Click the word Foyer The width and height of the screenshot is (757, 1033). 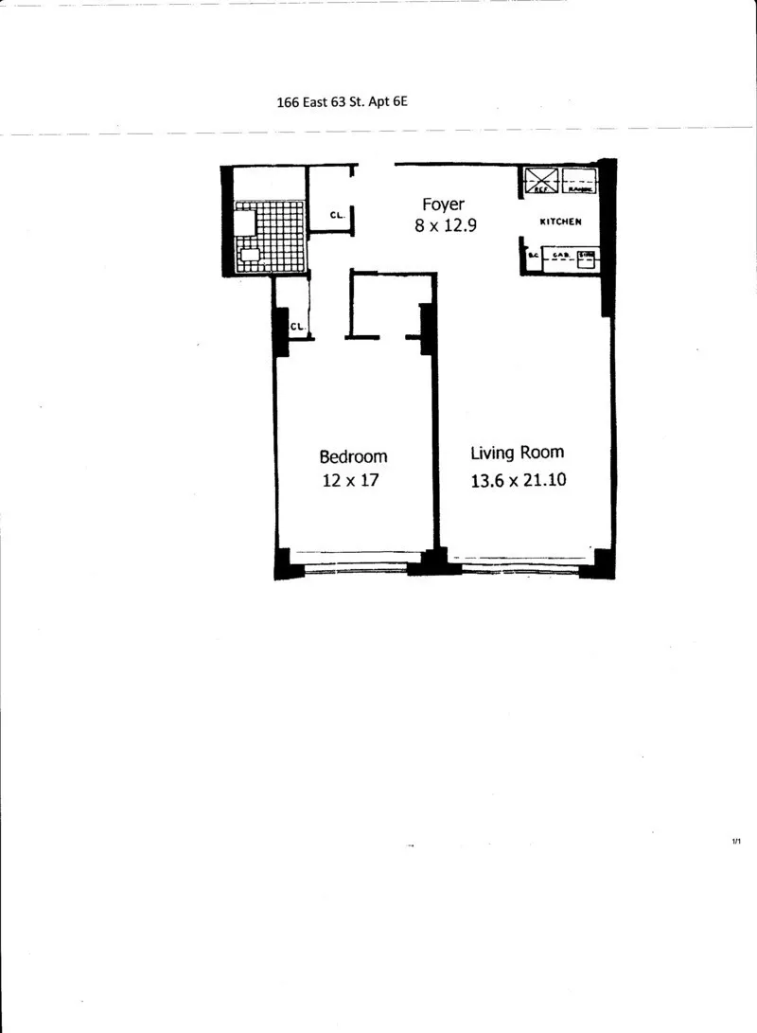click(443, 205)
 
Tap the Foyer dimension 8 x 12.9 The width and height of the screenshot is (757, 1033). click(443, 227)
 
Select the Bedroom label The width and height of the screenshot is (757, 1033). click(353, 455)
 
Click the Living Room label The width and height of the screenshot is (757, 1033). click(518, 453)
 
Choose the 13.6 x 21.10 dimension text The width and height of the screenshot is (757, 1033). click(518, 479)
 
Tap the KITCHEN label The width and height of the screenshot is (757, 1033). click(560, 222)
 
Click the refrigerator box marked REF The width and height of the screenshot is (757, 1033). click(542, 180)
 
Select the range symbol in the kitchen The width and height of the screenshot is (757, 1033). click(579, 180)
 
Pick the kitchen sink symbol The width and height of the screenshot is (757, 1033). click(587, 256)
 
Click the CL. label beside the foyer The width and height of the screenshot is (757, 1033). click(337, 215)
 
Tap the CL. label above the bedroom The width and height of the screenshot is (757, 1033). click(297, 327)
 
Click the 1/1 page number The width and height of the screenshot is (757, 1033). click(736, 841)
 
